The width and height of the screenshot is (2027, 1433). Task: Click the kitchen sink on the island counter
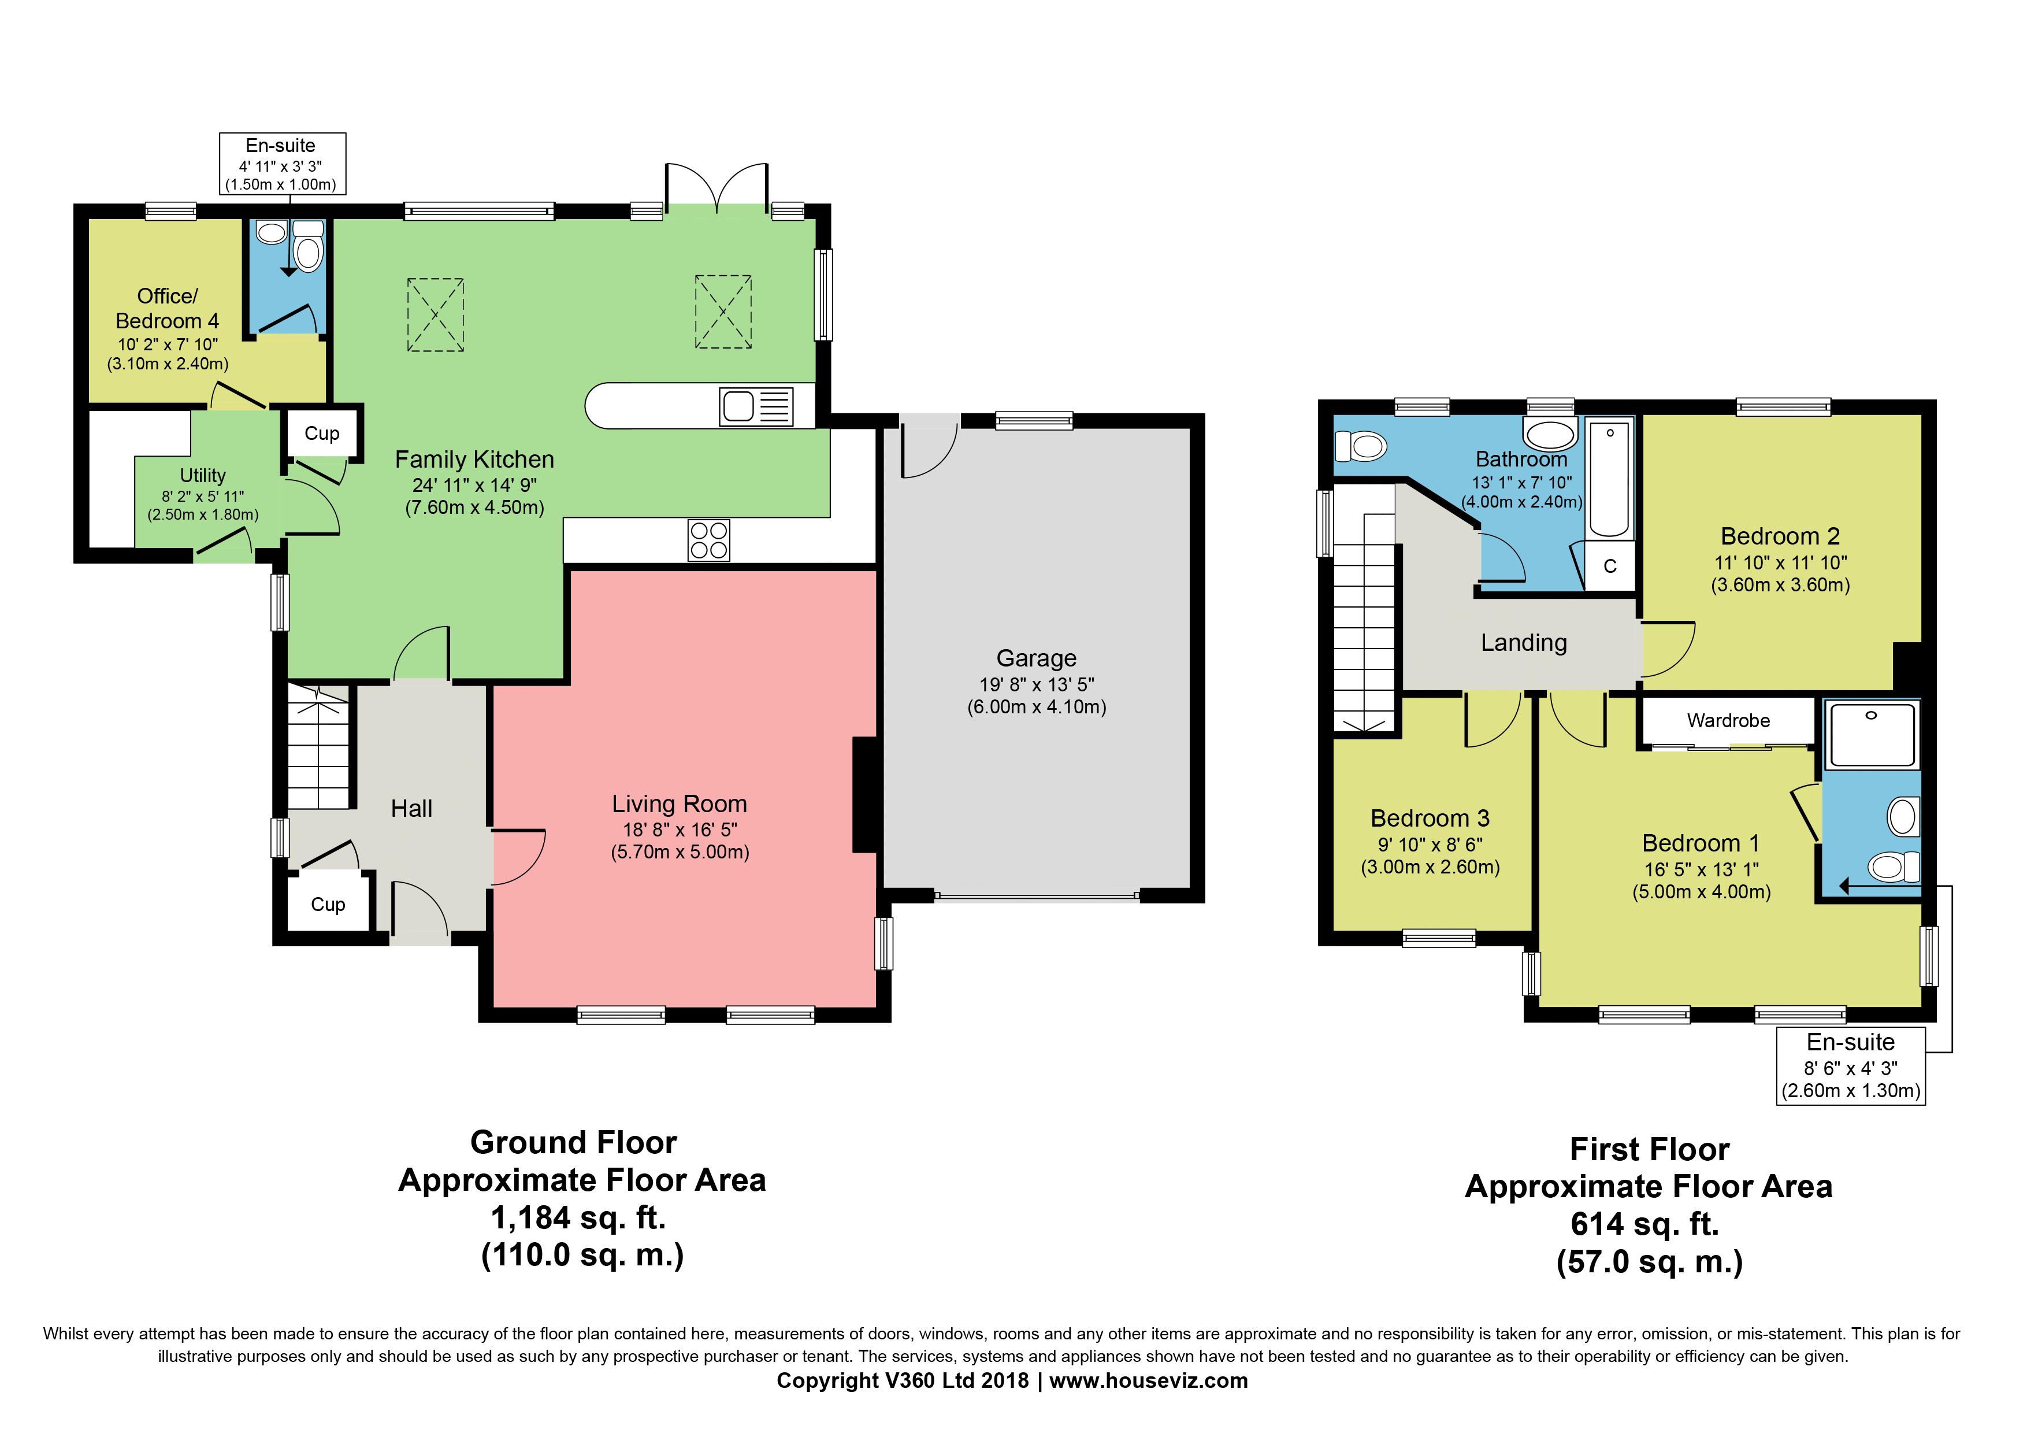click(x=739, y=407)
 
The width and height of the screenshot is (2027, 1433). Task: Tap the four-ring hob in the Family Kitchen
click(x=709, y=540)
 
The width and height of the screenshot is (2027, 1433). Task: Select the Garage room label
click(x=1037, y=658)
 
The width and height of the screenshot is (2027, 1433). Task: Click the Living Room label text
click(x=679, y=804)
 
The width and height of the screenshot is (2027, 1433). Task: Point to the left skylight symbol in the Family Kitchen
click(x=435, y=314)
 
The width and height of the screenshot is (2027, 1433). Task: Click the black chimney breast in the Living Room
click(x=864, y=795)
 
